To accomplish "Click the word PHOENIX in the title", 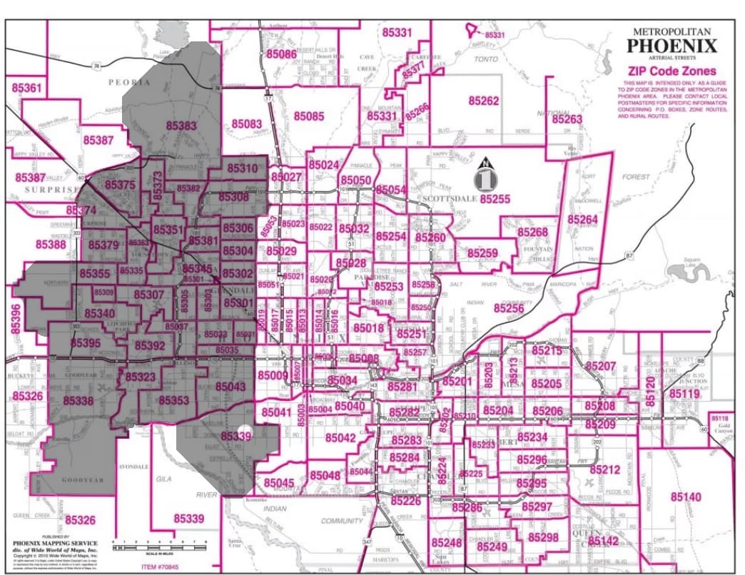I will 671,46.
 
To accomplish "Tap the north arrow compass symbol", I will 486,175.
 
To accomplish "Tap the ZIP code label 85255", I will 495,199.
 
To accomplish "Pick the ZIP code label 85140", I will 686,497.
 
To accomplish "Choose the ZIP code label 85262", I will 483,101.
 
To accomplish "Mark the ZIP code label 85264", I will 582,219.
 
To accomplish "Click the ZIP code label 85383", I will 181,125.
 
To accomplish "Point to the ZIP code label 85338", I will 78,401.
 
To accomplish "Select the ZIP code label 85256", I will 509,307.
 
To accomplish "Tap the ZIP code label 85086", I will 281,54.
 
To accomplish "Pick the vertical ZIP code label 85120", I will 649,391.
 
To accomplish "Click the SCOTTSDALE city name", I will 450,199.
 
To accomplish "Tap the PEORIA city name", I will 129,82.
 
